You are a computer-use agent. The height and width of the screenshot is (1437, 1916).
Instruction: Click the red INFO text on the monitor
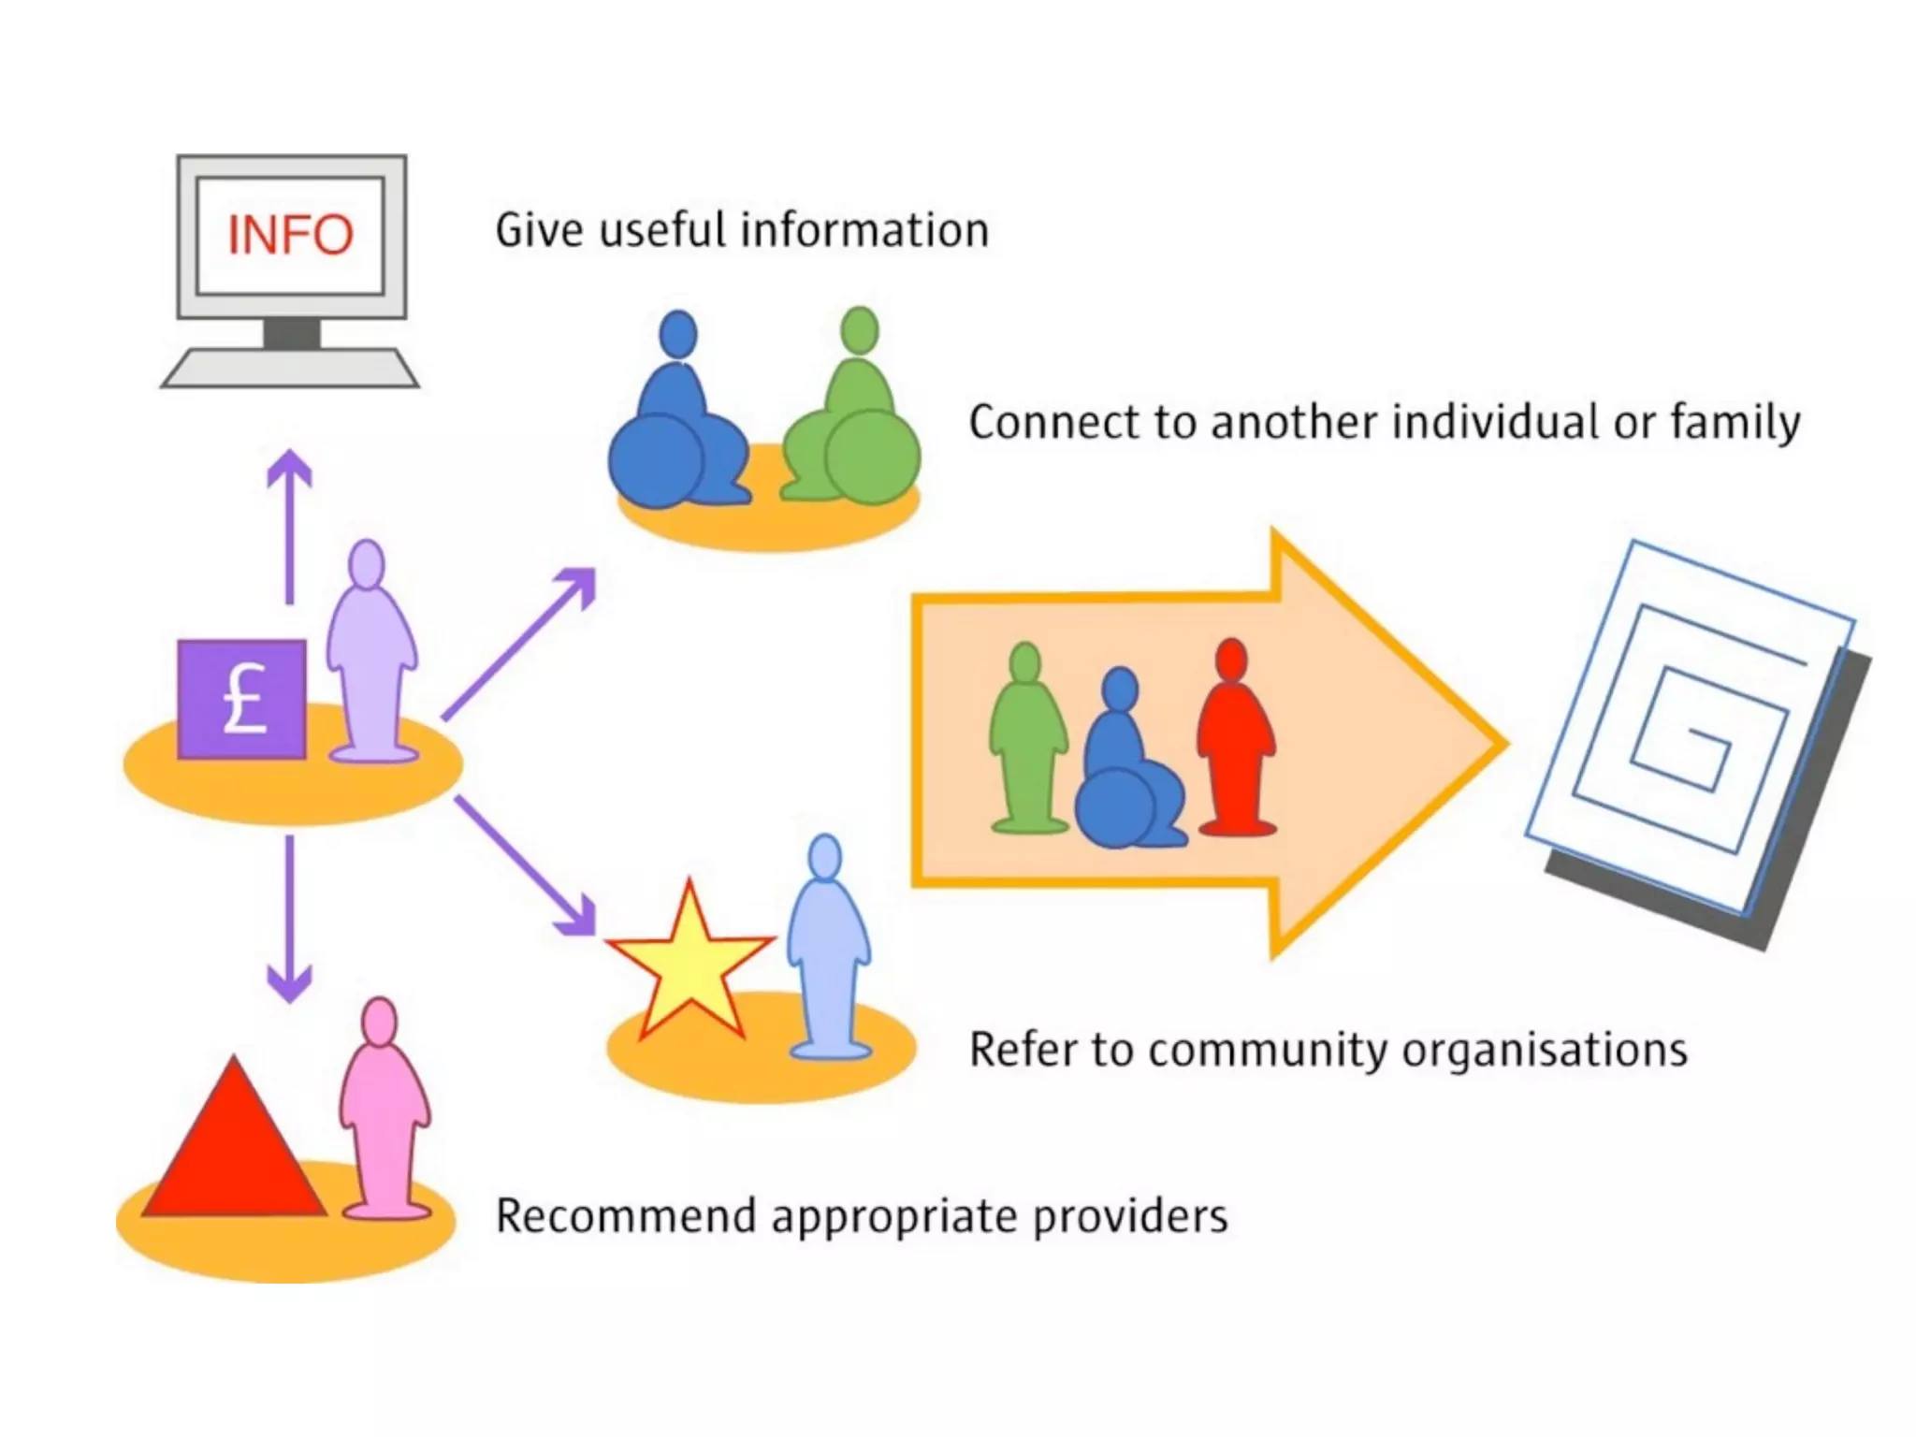click(x=290, y=235)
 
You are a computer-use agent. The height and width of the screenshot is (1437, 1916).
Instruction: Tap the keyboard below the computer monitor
click(x=290, y=368)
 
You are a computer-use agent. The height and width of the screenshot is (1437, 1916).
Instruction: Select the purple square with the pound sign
click(x=242, y=699)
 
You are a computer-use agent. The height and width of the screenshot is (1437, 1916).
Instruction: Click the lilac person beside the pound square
click(x=370, y=655)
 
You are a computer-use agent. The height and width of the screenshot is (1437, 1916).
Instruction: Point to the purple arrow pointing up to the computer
click(x=289, y=524)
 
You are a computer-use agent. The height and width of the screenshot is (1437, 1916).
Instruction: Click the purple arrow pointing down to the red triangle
click(x=289, y=917)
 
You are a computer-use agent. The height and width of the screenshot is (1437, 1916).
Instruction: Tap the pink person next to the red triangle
click(x=384, y=1113)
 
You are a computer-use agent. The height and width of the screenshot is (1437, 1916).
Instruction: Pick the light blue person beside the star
click(x=828, y=950)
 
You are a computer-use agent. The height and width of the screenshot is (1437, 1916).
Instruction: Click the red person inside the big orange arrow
click(x=1235, y=739)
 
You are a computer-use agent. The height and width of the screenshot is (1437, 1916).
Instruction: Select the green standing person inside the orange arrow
click(x=1027, y=739)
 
